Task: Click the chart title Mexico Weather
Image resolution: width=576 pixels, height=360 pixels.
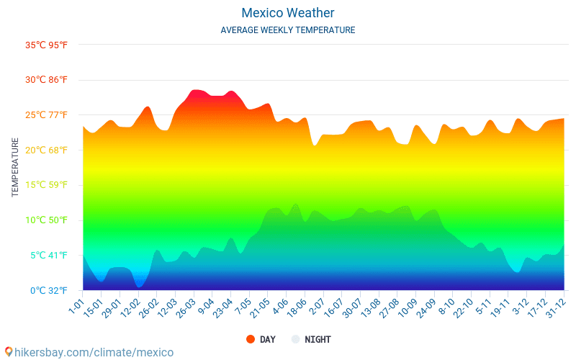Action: tap(287, 13)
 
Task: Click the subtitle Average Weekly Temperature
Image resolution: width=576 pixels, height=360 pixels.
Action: tap(287, 30)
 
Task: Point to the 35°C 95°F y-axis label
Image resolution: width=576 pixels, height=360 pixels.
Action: tap(47, 45)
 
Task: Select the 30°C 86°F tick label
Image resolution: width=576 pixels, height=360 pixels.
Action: tap(47, 80)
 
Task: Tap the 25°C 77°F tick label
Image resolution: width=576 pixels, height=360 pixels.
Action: tap(47, 115)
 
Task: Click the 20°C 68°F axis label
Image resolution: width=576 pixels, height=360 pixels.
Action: tap(47, 150)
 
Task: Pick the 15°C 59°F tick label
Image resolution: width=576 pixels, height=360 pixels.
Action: tap(47, 185)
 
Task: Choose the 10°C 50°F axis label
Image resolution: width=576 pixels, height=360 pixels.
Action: tap(47, 220)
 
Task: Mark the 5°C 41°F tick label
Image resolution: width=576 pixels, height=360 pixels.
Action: tap(49, 256)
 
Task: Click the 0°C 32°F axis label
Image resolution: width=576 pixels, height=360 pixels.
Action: tap(49, 291)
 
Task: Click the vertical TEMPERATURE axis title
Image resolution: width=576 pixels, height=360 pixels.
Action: tap(15, 168)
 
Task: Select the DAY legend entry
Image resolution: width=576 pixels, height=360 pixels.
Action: tap(261, 339)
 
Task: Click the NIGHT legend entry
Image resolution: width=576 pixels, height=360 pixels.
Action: tap(311, 339)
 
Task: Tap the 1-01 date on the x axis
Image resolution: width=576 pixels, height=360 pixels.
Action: tap(76, 305)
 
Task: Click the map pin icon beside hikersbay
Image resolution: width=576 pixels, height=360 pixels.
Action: tap(9, 352)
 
